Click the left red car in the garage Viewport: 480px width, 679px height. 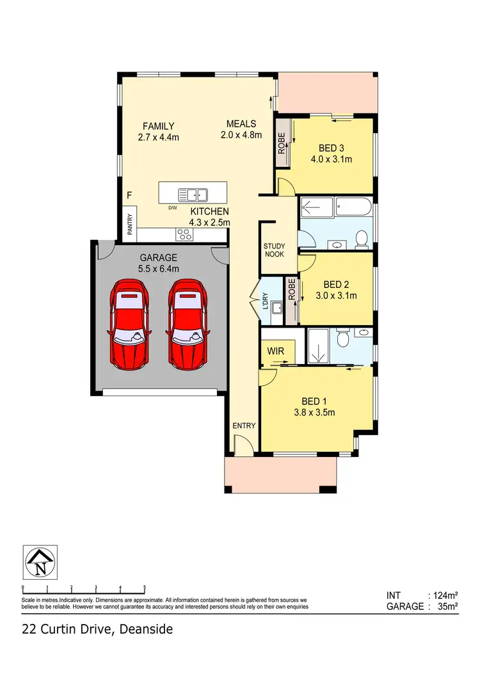tap(131, 325)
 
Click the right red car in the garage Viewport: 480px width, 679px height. tap(188, 325)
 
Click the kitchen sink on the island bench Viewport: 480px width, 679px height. tap(192, 195)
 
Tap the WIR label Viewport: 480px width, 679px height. tap(276, 351)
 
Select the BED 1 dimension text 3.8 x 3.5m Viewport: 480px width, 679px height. tap(314, 412)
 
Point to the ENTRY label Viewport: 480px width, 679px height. tap(244, 426)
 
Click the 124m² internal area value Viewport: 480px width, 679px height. tap(442, 595)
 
